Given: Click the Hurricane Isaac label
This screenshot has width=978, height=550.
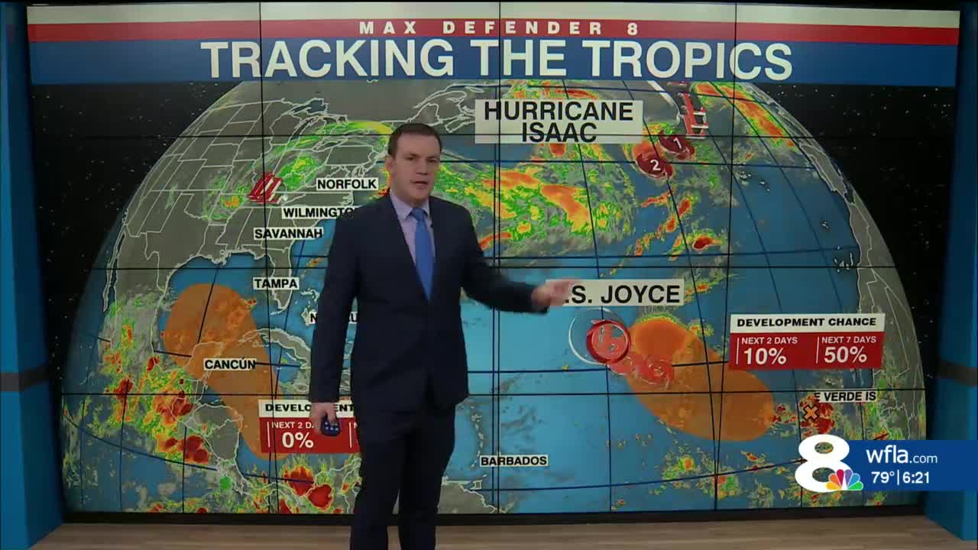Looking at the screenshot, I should click(558, 121).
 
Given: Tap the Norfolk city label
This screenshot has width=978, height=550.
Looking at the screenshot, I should click(348, 184).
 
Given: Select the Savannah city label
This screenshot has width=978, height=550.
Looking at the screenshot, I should click(288, 233).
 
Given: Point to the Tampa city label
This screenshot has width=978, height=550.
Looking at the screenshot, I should click(276, 283).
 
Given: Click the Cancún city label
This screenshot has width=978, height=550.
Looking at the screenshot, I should click(230, 364).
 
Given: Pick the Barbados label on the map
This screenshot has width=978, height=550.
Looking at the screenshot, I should click(513, 461).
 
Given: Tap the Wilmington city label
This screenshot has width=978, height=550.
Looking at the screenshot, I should click(319, 212).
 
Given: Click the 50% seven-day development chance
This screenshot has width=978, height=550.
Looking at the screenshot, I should click(845, 354).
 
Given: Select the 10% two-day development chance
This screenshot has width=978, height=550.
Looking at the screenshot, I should click(766, 354).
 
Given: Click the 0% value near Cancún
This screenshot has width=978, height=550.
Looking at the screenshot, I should click(297, 439).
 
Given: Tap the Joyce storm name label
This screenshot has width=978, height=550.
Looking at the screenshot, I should click(634, 293).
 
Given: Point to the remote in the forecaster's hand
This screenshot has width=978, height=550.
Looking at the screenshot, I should click(330, 426).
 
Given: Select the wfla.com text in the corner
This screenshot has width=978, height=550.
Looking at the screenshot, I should click(902, 458).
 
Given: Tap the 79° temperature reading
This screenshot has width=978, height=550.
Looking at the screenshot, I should click(882, 478).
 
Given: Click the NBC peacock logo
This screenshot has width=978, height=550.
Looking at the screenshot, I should click(844, 480).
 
